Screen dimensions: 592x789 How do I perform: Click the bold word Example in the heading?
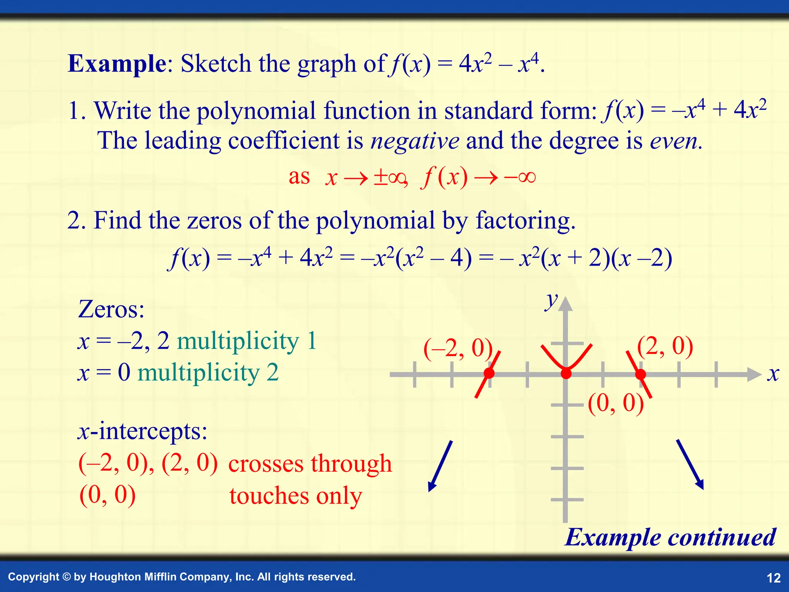(117, 64)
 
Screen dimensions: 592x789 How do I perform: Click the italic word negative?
(415, 141)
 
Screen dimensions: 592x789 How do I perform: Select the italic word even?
(674, 141)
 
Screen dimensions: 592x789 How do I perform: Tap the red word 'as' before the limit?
(299, 177)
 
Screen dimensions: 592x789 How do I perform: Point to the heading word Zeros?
(111, 309)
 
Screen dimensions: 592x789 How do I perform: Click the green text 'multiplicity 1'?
(247, 341)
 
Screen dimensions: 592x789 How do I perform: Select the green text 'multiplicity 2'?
(208, 373)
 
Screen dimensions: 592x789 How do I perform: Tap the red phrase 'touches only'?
(296, 496)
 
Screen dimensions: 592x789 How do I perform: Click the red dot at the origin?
(566, 373)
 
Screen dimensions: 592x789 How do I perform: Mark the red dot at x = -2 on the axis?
(489, 373)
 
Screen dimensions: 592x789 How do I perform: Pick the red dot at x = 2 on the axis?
(640, 374)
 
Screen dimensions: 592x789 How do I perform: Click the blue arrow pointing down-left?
(440, 466)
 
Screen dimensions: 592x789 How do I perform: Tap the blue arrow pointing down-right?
(690, 464)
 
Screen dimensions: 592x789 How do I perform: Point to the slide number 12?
(774, 578)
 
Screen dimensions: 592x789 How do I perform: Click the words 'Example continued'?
(670, 537)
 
